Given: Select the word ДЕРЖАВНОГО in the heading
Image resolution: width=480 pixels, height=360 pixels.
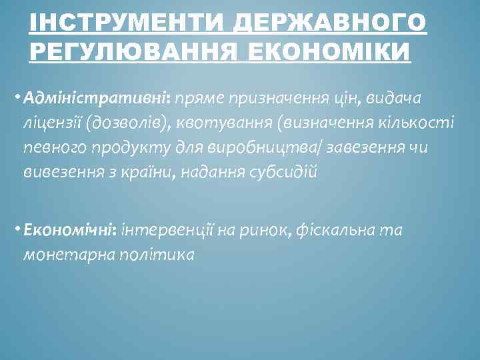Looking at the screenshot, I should point(331,25).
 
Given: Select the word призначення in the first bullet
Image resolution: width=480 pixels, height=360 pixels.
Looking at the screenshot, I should point(287,99).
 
